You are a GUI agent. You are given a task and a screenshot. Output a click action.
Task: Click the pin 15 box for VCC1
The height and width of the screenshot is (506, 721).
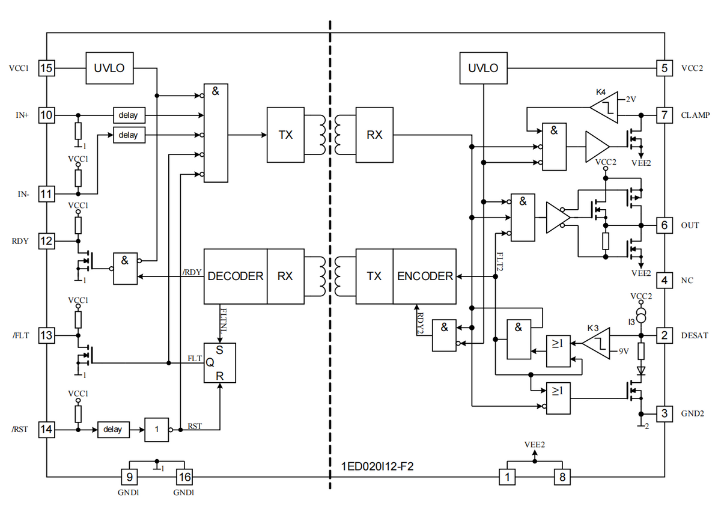coord(46,68)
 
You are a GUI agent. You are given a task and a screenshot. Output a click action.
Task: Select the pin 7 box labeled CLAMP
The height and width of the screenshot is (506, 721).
coord(664,115)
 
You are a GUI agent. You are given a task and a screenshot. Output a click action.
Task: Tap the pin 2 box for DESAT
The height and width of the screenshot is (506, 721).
coord(664,335)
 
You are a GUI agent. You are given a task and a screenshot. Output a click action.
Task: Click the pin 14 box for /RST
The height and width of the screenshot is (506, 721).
coord(46,430)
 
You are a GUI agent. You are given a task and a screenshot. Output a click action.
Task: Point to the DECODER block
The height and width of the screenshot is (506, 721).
coord(236,276)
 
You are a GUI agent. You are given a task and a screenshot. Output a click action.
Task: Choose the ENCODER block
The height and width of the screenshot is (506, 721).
coord(425,276)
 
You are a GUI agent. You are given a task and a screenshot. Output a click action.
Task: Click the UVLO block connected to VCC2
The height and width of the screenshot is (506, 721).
coord(483,68)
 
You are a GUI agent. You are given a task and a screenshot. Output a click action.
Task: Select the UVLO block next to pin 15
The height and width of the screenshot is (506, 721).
coord(109,68)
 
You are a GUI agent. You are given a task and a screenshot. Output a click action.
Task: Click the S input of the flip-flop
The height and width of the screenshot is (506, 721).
coord(219,350)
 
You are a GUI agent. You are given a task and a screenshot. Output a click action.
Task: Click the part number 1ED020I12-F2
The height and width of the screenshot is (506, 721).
coord(377,466)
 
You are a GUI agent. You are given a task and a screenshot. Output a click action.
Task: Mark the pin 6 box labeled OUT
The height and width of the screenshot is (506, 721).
coord(664,225)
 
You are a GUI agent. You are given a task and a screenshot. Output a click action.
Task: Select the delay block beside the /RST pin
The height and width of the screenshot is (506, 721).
coord(112,430)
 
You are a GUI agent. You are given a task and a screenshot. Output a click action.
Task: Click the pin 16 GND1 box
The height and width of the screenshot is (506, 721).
coord(183,478)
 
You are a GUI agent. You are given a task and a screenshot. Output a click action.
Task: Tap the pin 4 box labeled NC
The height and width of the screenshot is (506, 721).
coord(664,280)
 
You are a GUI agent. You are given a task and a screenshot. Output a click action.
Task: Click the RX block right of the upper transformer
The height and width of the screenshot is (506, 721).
coord(374,135)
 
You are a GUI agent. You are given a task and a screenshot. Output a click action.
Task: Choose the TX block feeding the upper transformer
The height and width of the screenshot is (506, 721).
coord(285,135)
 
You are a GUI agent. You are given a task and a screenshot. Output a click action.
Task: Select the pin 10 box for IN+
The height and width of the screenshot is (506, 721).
coord(46,115)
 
